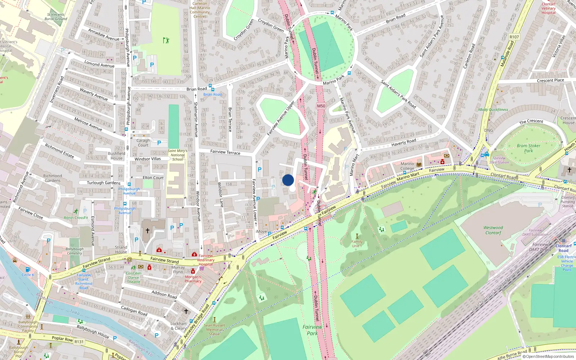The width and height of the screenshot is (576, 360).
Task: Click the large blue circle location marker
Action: [288, 180]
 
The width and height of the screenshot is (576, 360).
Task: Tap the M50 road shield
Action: [321, 106]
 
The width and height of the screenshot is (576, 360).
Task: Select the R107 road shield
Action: [514, 37]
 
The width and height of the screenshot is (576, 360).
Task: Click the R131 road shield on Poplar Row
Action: [79, 342]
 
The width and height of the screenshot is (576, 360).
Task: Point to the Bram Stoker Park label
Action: [528, 148]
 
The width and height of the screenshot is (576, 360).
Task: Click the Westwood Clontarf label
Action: [493, 230]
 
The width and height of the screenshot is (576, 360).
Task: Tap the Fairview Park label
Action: [312, 330]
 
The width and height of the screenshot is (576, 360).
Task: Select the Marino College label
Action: [407, 166]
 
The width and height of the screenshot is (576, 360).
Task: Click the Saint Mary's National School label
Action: [177, 155]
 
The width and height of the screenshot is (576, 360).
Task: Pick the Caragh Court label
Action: [143, 143]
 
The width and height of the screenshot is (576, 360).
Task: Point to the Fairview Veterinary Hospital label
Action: [206, 260]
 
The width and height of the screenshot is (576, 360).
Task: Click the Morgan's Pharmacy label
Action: [193, 279]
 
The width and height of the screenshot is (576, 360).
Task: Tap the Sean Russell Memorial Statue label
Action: [214, 329]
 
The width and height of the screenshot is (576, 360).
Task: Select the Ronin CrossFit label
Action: [76, 218]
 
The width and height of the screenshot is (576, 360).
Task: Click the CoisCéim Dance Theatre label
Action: [134, 278]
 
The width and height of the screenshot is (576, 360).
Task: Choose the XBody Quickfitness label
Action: [493, 110]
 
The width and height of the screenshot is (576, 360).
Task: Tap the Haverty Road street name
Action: [404, 143]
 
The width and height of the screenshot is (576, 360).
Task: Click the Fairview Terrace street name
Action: [225, 152]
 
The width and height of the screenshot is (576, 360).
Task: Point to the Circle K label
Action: [28, 275]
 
